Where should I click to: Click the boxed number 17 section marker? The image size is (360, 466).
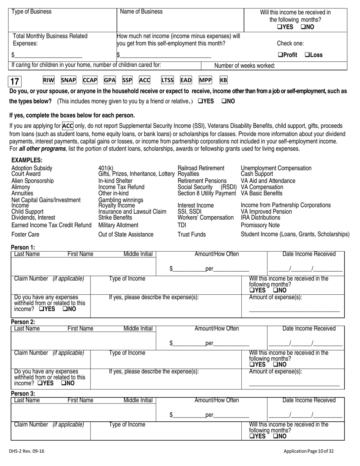[16, 81]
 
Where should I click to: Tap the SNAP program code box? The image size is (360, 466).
[69, 80]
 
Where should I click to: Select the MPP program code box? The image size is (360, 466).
[205, 80]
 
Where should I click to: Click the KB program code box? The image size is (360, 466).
[224, 80]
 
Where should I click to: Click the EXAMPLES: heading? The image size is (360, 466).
[27, 160]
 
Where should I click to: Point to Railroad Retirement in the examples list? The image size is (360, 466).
[201, 168]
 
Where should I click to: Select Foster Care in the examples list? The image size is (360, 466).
[25, 235]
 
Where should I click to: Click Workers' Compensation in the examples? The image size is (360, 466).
[206, 217]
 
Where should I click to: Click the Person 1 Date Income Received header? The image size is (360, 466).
[309, 254]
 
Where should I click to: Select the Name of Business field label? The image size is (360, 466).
[141, 12]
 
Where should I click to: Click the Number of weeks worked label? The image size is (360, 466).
[245, 66]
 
